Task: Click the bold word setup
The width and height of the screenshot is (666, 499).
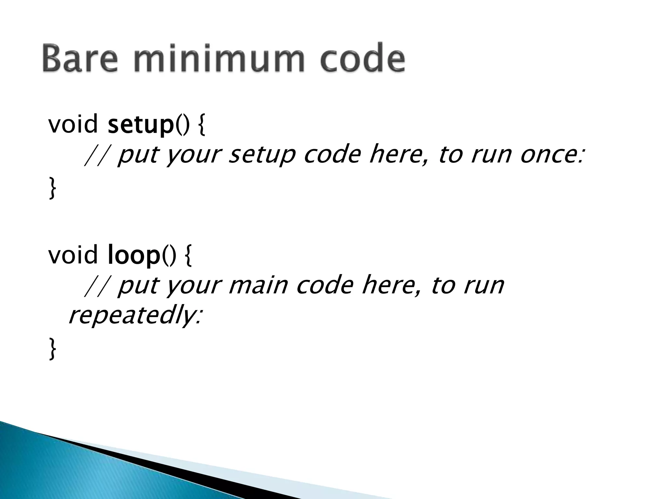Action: (141, 125)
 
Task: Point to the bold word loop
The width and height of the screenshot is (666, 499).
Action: (134, 255)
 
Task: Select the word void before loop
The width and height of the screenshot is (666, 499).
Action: (73, 255)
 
